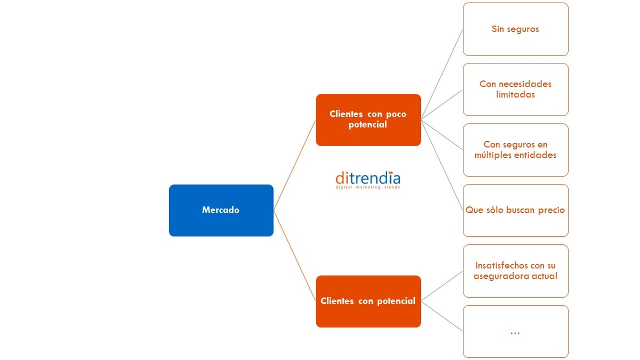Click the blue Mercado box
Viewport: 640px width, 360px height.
click(x=221, y=210)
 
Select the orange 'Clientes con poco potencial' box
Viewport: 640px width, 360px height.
click(x=368, y=119)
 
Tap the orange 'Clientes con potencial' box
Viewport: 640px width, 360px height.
click(x=368, y=301)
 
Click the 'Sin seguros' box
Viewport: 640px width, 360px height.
click(x=515, y=29)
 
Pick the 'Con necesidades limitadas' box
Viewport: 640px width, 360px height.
click(x=515, y=89)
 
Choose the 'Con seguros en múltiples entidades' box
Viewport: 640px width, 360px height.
click(x=515, y=150)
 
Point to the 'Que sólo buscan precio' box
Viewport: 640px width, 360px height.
click(x=515, y=210)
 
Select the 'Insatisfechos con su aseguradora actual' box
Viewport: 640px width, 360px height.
click(x=515, y=270)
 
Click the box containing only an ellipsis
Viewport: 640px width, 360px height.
click(x=515, y=331)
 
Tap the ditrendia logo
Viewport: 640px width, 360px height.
click(x=368, y=178)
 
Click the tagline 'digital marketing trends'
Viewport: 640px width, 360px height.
click(x=368, y=188)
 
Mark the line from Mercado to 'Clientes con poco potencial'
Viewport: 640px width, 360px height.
click(x=294, y=165)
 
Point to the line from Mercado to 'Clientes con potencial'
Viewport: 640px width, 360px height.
click(x=294, y=255)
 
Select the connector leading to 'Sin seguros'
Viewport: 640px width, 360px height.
click(x=442, y=74)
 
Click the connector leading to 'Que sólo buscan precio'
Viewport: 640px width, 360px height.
click(x=442, y=165)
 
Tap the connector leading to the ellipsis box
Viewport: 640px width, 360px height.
click(x=442, y=316)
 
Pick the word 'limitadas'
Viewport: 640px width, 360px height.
click(x=515, y=94)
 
